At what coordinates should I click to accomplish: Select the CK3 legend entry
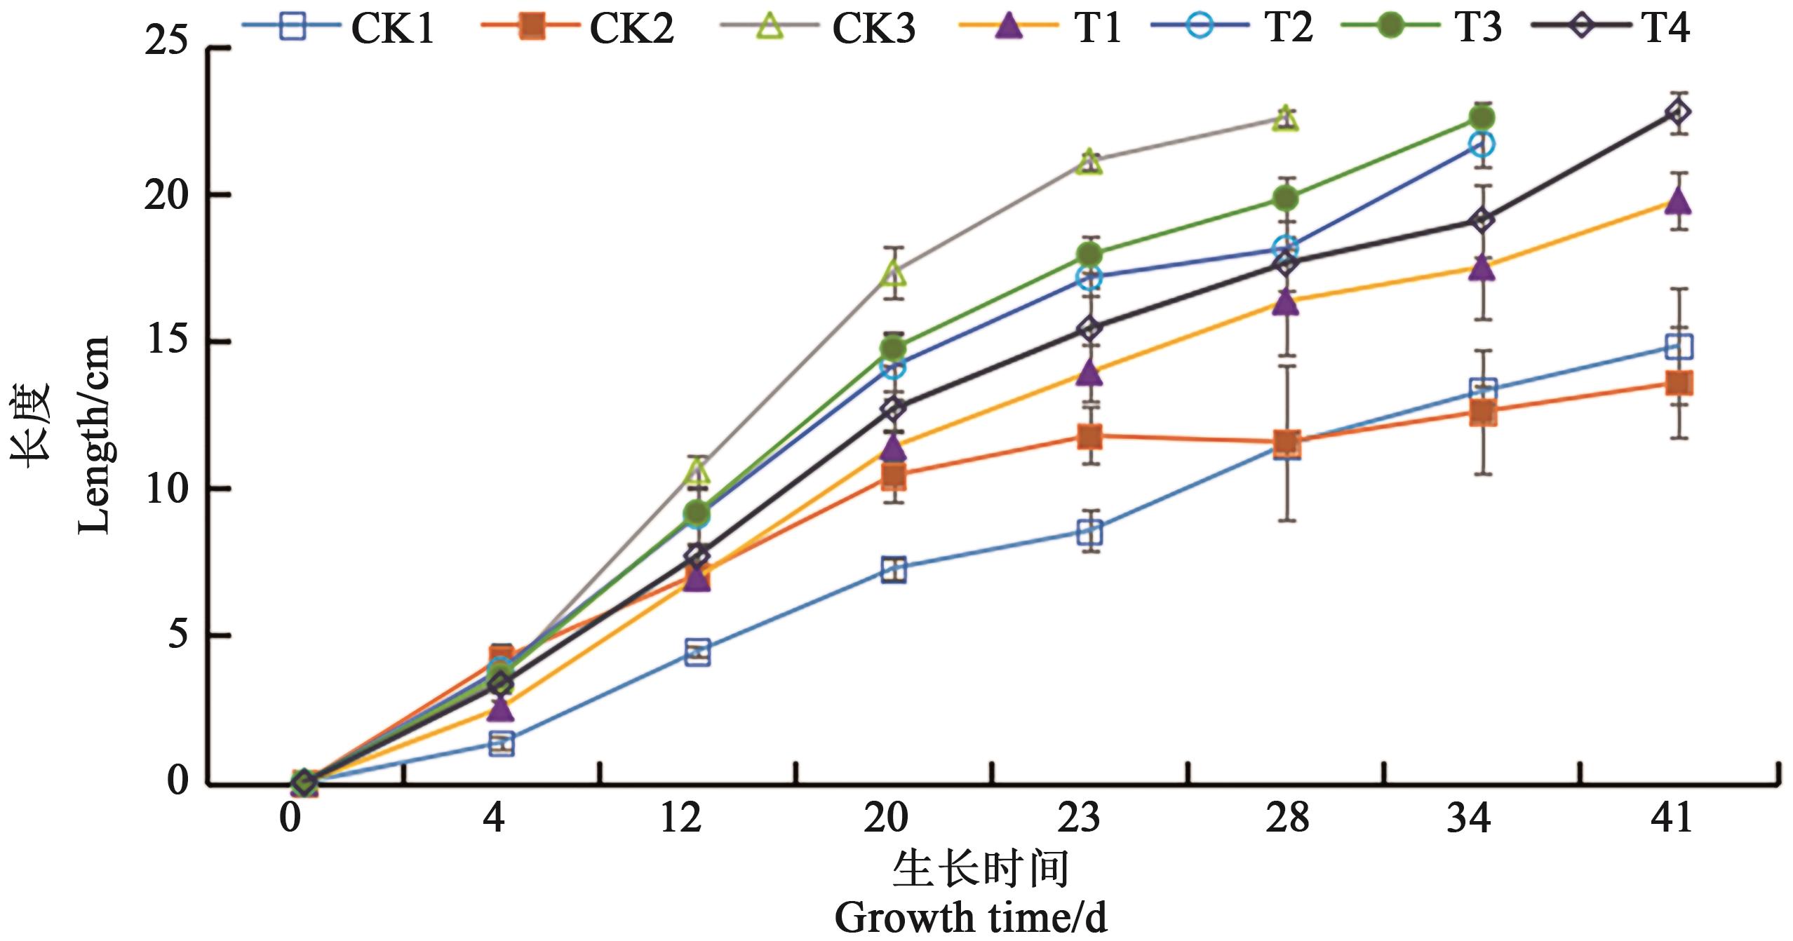pyautogui.click(x=817, y=28)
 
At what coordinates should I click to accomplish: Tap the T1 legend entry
pyautogui.click(x=1041, y=28)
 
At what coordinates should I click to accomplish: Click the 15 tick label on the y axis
pyautogui.click(x=167, y=341)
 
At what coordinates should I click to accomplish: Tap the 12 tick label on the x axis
pyautogui.click(x=680, y=817)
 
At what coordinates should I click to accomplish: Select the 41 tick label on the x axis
pyautogui.click(x=1671, y=817)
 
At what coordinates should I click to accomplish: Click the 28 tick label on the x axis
pyautogui.click(x=1287, y=817)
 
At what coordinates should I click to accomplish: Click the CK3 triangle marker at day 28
pyautogui.click(x=1286, y=119)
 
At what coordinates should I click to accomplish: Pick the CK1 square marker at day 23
pyautogui.click(x=1089, y=532)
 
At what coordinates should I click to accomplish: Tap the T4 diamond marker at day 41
pyautogui.click(x=1677, y=112)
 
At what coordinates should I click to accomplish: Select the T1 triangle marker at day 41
pyautogui.click(x=1677, y=201)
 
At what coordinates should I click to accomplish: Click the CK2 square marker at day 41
pyautogui.click(x=1677, y=383)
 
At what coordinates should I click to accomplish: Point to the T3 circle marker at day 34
pyautogui.click(x=1482, y=116)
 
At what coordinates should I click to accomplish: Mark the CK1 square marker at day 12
pyautogui.click(x=697, y=652)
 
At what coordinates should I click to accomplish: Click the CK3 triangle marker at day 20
pyautogui.click(x=893, y=273)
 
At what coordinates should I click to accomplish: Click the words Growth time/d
pyautogui.click(x=971, y=918)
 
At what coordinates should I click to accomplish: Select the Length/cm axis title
pyautogui.click(x=94, y=435)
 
